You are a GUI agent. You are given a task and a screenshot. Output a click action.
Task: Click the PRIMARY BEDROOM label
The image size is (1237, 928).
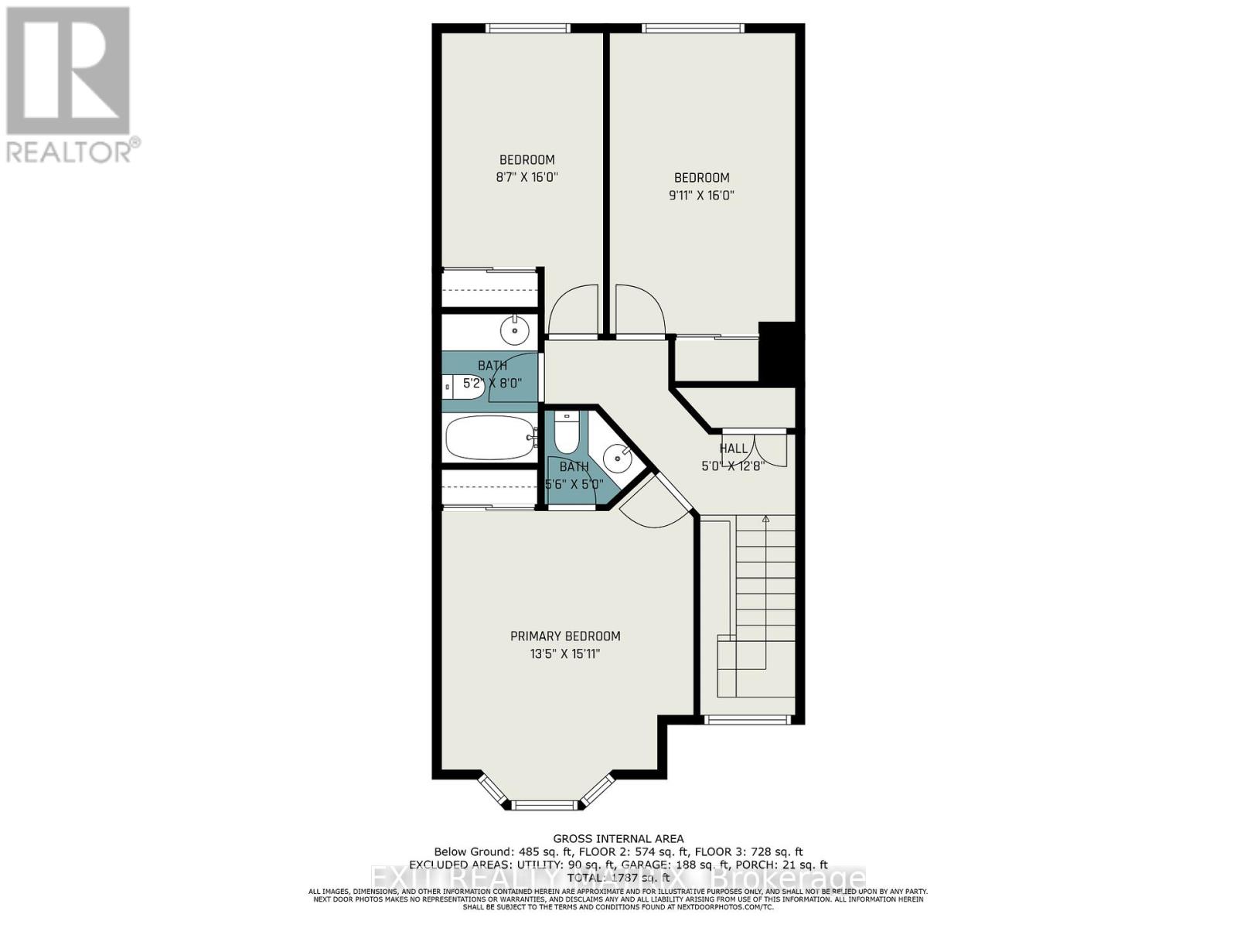click(x=565, y=636)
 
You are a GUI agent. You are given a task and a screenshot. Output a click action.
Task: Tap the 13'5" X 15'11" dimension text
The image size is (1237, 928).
click(x=565, y=654)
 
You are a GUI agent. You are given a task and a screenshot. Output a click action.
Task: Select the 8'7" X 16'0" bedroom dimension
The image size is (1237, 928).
click(x=526, y=177)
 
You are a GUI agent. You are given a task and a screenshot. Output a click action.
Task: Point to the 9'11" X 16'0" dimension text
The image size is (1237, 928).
click(x=701, y=196)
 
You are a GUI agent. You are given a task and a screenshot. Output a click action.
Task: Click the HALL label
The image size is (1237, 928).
click(x=733, y=449)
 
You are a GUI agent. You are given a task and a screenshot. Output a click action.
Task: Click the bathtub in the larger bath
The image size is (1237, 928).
click(x=490, y=438)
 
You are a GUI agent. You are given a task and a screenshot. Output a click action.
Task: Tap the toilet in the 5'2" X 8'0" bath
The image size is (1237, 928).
click(x=463, y=387)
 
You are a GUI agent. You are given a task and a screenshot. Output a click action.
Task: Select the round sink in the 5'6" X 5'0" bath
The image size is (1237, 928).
click(x=617, y=458)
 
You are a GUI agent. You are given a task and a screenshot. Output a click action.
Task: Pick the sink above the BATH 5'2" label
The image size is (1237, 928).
click(x=514, y=330)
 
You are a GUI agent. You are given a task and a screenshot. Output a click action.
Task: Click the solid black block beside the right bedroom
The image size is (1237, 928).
click(x=777, y=353)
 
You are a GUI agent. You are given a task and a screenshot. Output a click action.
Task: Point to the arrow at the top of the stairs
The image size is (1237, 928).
click(x=765, y=520)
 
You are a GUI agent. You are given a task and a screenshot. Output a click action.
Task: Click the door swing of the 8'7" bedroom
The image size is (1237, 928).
click(x=574, y=311)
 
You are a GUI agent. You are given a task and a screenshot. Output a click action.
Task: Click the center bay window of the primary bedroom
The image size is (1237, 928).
click(x=545, y=805)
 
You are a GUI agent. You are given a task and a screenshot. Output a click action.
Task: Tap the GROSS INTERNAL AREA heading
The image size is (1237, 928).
click(x=618, y=838)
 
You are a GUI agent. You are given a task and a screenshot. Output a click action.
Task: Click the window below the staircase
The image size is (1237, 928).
click(x=747, y=720)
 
